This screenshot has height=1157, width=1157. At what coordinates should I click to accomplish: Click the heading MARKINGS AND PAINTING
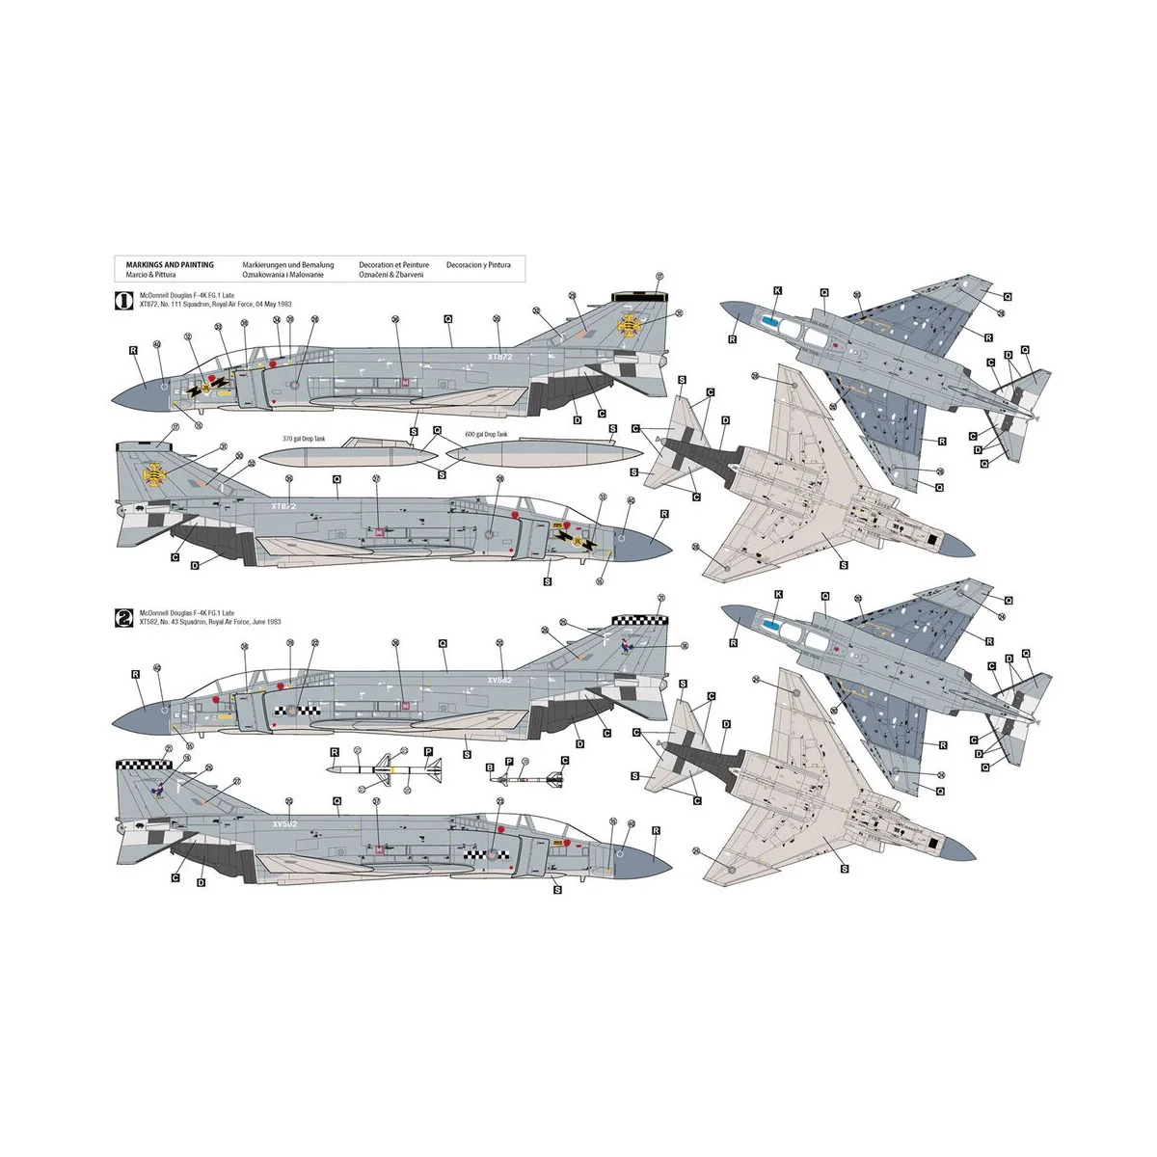click(x=170, y=264)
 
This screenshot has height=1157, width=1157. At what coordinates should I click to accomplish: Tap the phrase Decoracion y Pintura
click(x=478, y=264)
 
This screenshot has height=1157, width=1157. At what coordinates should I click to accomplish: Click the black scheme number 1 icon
click(x=124, y=300)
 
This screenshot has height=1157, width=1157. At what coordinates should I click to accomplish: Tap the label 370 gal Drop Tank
click(x=304, y=439)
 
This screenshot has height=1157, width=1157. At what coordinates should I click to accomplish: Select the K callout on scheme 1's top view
click(x=778, y=289)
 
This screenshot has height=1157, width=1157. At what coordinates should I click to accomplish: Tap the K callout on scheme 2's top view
click(x=778, y=595)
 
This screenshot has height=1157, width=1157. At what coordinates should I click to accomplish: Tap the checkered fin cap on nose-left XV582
click(x=638, y=620)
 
